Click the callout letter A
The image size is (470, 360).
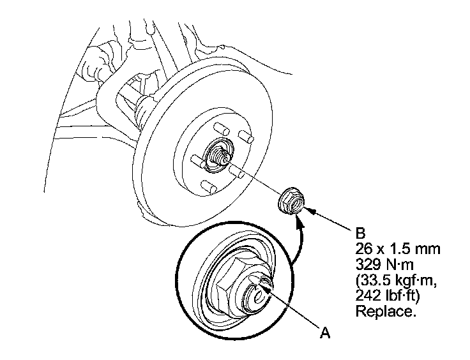click(326, 333)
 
